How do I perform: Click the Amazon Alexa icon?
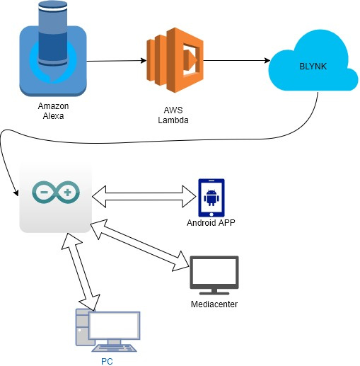[53, 49]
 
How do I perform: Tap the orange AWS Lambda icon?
[175, 60]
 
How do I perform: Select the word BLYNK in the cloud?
[313, 67]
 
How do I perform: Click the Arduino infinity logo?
[56, 193]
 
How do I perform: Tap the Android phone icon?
[211, 198]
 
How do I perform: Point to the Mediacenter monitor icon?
[214, 275]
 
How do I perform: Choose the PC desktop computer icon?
[108, 331]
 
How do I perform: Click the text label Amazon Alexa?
[53, 111]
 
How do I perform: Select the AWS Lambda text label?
[173, 115]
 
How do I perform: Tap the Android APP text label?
[211, 223]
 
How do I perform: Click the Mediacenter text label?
[214, 304]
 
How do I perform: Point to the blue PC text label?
[107, 362]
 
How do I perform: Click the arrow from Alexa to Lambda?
[117, 61]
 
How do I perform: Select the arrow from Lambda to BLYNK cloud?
[237, 61]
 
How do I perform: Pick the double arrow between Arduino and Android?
[144, 197]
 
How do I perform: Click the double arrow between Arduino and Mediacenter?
[140, 245]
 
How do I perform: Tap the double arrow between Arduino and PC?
[81, 272]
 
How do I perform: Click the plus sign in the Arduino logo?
[67, 193]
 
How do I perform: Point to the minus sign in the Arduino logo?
[44, 192]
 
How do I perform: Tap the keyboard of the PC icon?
[114, 348]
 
